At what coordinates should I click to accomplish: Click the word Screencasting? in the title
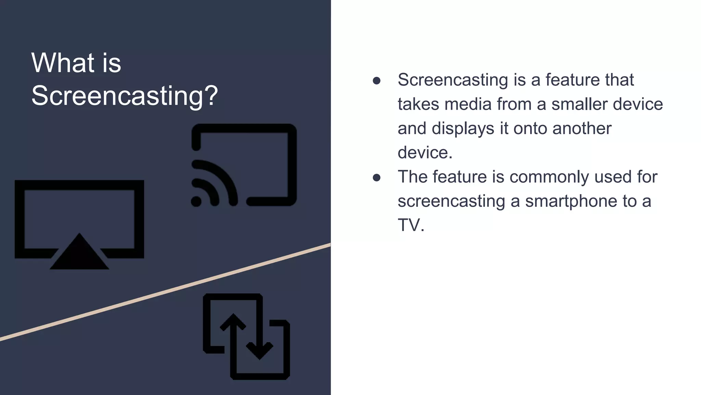[125, 96]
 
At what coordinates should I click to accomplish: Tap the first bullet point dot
[377, 81]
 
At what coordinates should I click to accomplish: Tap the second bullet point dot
[377, 178]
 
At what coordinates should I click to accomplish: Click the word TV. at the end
[411, 225]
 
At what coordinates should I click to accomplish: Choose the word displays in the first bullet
[463, 129]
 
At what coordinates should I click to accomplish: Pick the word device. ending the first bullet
[425, 153]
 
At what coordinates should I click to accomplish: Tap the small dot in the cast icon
[196, 201]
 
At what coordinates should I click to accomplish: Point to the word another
[582, 129]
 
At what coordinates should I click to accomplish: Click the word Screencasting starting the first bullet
[453, 80]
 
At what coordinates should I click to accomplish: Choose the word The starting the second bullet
[412, 177]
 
